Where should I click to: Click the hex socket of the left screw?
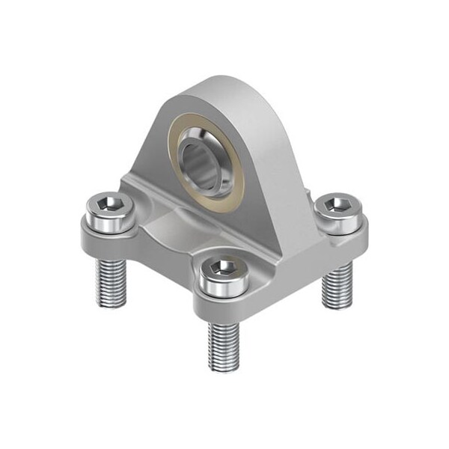(108, 201)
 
